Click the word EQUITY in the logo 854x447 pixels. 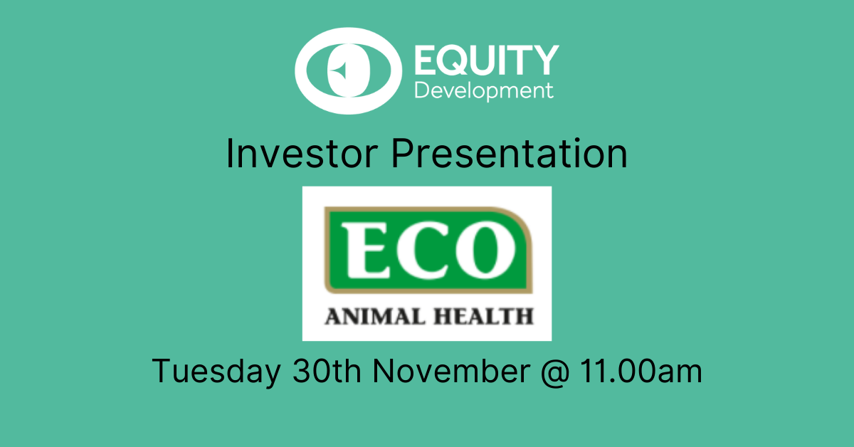(487, 60)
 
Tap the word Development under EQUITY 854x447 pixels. (484, 92)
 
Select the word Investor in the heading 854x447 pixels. (302, 153)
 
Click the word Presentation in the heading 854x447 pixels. (510, 153)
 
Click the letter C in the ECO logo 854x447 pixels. (423, 251)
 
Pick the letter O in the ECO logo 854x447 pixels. (485, 251)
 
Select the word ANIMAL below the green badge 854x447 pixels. (375, 317)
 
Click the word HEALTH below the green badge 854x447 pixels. (484, 317)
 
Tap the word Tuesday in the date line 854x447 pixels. (216, 372)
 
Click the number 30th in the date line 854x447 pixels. (327, 371)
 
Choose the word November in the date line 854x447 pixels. (451, 371)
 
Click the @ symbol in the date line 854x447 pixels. (555, 372)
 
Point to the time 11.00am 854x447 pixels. (641, 371)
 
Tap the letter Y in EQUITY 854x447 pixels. (544, 60)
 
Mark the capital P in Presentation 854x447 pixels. (404, 153)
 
